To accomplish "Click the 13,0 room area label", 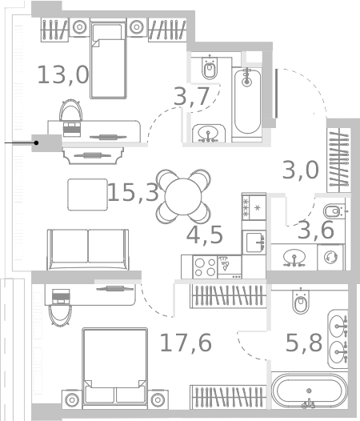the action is coord(63,75).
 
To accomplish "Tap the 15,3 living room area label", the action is coord(133,192).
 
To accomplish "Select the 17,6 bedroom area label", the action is coord(186,343).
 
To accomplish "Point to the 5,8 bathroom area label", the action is coord(304,343).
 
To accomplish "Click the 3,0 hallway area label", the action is coord(301,170).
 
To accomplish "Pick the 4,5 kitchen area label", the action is coord(205,235).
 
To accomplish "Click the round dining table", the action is coord(183,197).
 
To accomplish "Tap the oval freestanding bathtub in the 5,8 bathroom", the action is coord(310,391).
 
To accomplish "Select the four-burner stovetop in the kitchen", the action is coord(206,267).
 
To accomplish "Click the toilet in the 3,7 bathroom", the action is coord(210,68).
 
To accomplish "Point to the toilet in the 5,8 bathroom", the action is coord(301,301).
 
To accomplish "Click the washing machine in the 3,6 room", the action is coord(330,257).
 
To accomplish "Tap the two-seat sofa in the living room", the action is coord(88,250).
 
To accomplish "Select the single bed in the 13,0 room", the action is coord(108,58).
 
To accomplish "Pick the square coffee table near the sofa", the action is coord(87,194).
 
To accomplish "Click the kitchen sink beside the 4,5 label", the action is coord(254,243).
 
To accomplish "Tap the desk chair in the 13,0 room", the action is coord(70,110).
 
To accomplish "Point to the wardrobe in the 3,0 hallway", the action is coord(338,160).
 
